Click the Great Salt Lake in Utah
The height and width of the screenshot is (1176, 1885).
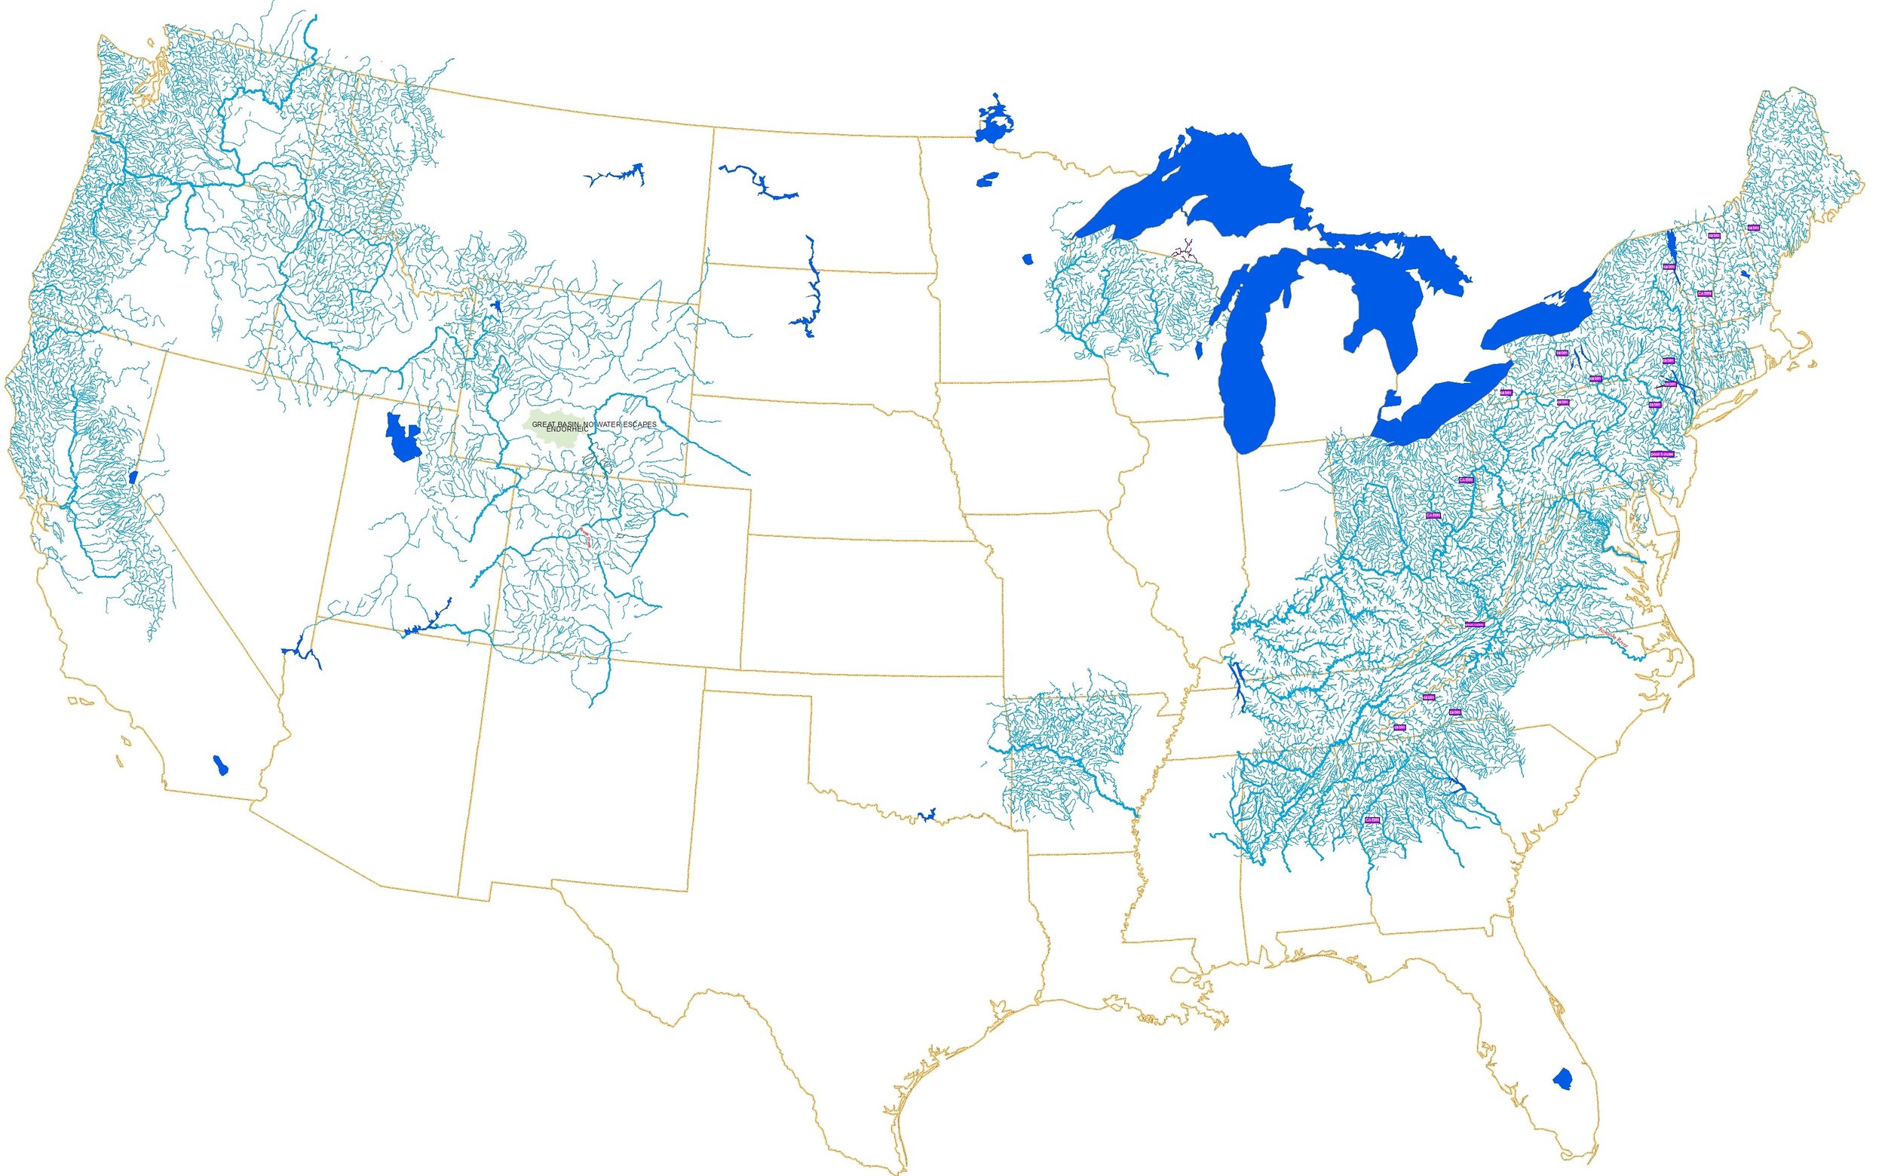401,439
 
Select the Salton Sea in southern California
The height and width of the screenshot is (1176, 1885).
221,764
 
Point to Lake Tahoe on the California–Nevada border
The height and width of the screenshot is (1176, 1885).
133,476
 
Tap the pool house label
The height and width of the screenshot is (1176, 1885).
1661,454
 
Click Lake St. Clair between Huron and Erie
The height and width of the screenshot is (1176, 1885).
1390,400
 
